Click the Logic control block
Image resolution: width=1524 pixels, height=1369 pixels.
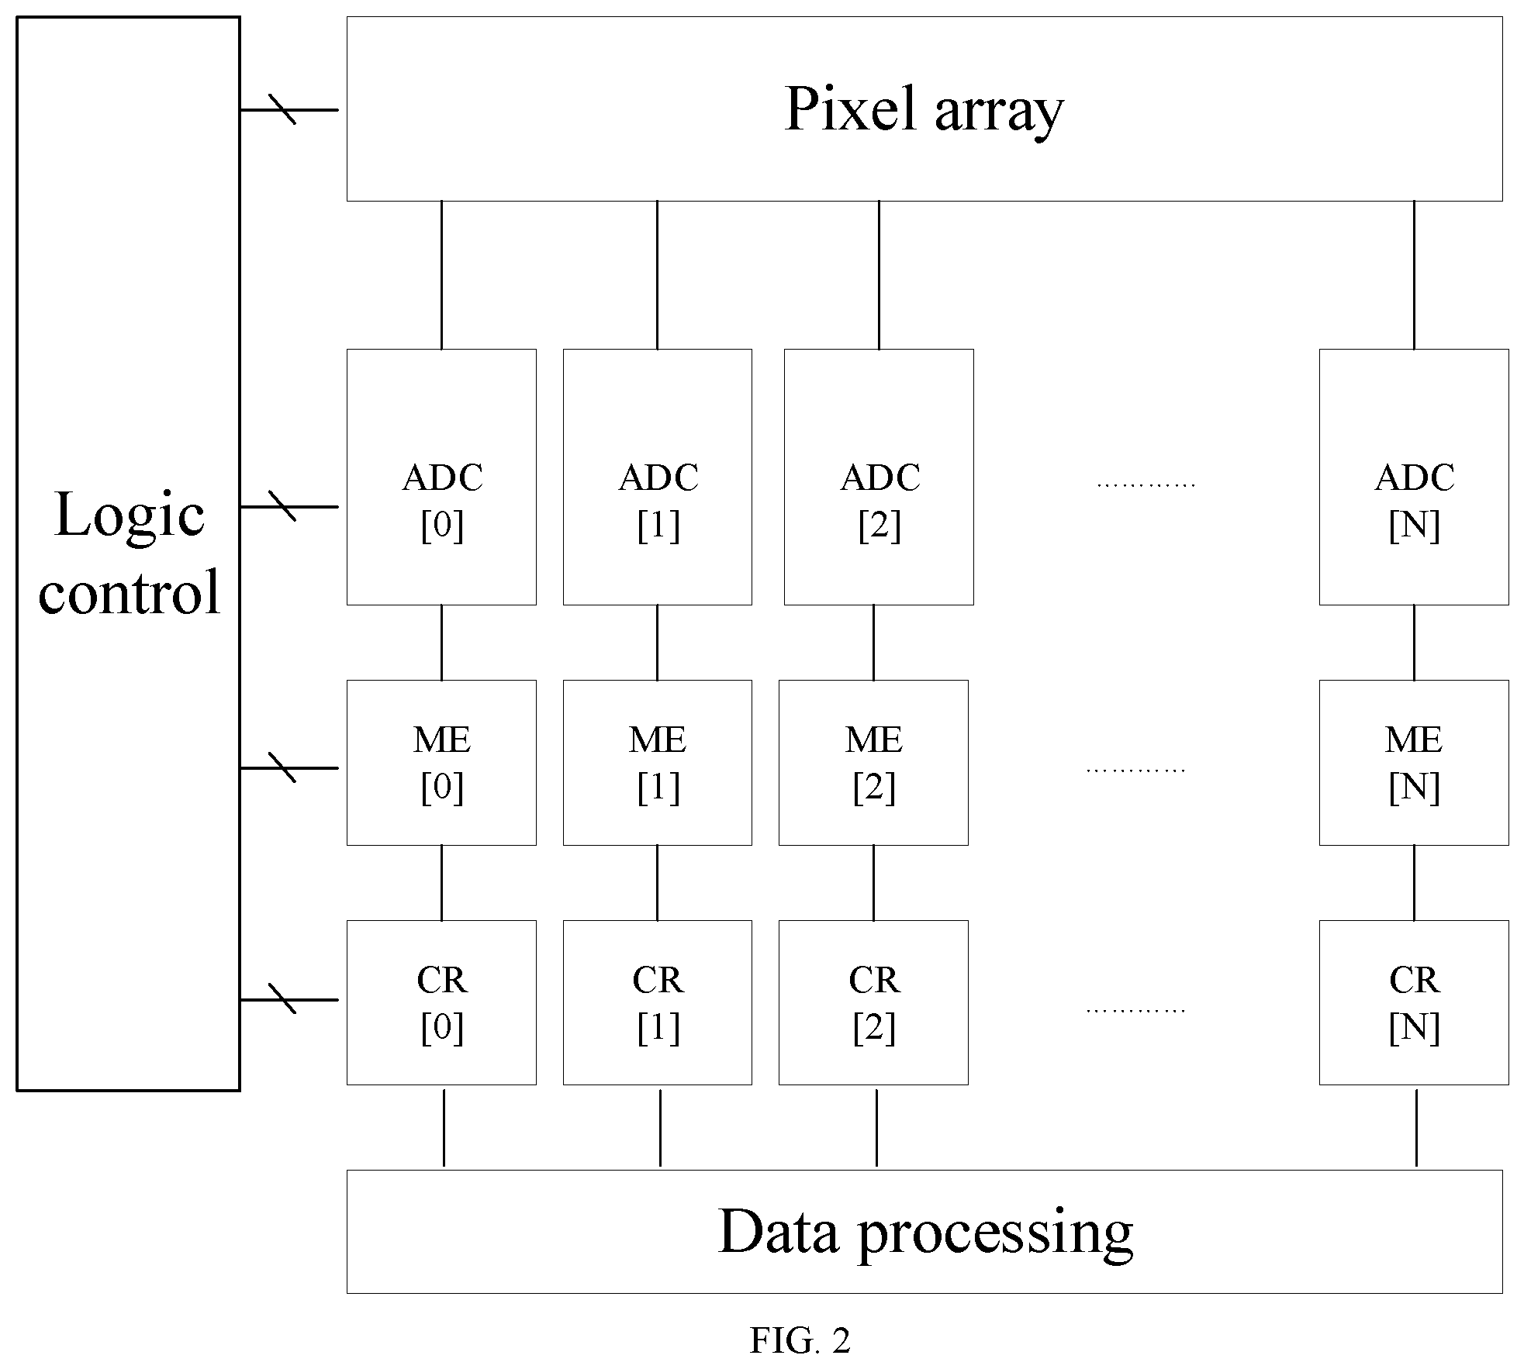pos(128,553)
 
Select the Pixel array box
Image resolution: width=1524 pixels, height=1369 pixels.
pos(924,109)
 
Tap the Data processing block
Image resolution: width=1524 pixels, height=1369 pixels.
pos(924,1232)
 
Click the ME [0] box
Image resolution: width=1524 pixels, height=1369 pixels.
pos(441,763)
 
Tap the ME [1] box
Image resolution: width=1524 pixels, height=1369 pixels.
pos(657,763)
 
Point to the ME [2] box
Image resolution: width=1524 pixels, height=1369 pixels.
pos(873,763)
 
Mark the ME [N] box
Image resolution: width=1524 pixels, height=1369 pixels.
pos(1414,763)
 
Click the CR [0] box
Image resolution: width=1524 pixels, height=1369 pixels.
pos(441,1002)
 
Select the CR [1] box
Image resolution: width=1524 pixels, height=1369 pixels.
pos(657,1002)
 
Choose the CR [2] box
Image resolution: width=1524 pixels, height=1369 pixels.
pos(873,1002)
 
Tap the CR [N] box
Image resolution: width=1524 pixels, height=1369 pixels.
pos(1414,1002)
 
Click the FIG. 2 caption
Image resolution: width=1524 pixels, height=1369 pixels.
pos(800,1340)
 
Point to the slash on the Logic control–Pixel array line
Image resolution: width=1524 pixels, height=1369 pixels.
pos(282,109)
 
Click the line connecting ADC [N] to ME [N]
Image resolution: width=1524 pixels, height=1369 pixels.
pos(1414,643)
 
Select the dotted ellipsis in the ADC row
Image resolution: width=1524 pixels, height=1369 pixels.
pos(1146,485)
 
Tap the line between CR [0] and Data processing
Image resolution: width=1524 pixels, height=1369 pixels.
pos(444,1128)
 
